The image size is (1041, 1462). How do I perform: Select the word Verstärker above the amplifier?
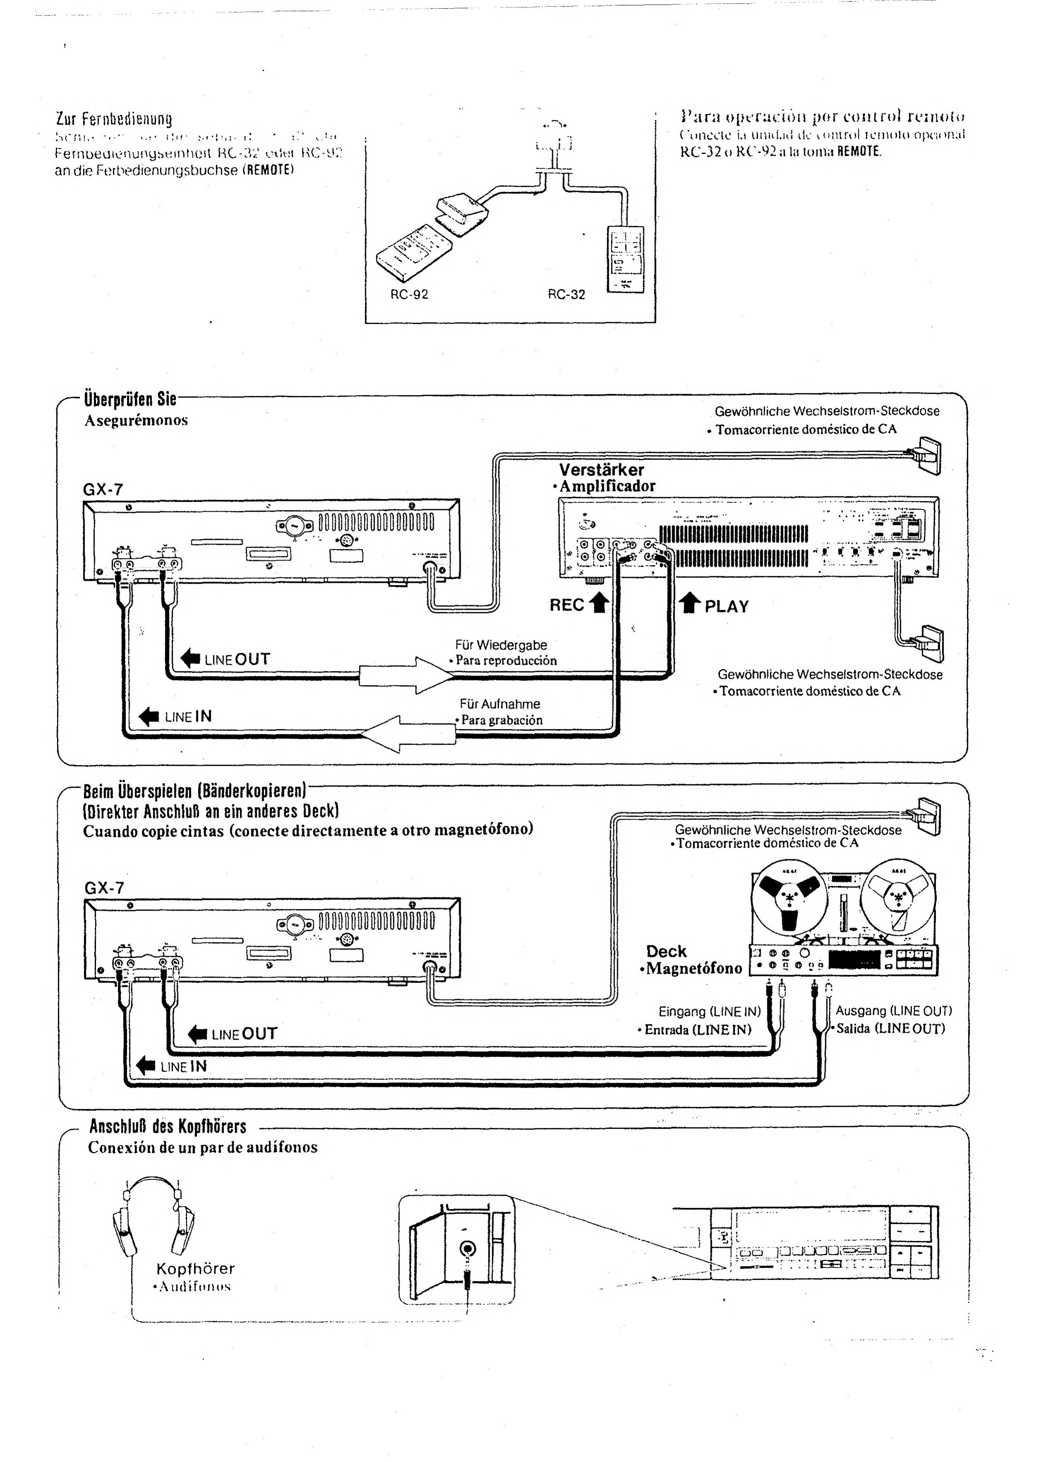pos(601,470)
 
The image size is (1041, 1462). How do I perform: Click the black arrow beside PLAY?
pos(690,604)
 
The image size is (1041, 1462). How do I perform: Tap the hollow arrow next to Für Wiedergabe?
pos(407,675)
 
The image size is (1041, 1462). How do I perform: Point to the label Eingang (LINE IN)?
pos(710,1011)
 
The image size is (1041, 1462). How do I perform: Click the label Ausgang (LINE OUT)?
pos(894,1011)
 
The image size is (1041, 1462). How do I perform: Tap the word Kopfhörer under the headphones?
pos(196,1268)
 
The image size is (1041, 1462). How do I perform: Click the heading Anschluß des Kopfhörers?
pos(168,1126)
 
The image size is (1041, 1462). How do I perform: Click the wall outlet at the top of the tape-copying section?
pos(929,816)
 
